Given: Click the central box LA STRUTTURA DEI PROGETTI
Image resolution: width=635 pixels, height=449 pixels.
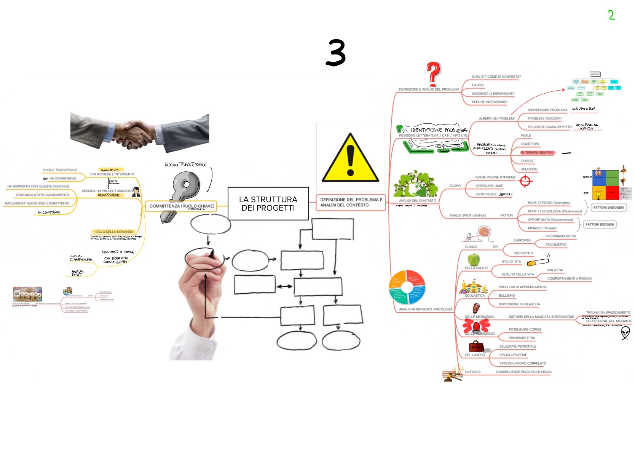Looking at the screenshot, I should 268,203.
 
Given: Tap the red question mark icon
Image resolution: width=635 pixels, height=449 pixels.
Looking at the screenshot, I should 433,74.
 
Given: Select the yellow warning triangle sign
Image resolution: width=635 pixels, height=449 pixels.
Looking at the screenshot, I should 350,158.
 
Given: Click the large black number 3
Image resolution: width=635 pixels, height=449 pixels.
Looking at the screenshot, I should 335,53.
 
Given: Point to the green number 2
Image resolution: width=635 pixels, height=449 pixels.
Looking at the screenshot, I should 611,15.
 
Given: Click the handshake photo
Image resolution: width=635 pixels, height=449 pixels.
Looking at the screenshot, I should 139,131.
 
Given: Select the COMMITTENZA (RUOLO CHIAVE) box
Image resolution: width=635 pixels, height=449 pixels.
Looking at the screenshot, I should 182,206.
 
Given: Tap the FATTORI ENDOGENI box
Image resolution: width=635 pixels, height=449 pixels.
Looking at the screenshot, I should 608,208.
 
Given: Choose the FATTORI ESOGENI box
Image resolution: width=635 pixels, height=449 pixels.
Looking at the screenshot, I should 600,224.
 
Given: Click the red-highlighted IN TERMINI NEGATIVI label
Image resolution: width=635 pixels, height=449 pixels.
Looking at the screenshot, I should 537,152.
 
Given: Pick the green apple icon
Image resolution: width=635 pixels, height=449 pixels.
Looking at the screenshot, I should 474,260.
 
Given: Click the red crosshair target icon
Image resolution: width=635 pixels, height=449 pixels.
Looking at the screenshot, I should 525,181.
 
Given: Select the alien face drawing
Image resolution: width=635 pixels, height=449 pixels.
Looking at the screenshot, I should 625,332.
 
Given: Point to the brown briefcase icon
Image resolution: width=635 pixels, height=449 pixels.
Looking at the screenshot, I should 476,347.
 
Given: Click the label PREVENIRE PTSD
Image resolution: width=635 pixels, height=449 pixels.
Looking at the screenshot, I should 522,338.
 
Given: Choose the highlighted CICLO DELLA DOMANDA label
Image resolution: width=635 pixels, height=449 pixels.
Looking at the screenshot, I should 114,232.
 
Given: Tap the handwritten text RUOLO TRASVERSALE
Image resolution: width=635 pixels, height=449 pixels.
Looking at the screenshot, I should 185,165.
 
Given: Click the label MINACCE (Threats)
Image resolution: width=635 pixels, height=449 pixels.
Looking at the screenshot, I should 542,228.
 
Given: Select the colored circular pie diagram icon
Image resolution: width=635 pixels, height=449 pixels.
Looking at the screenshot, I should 407,287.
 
